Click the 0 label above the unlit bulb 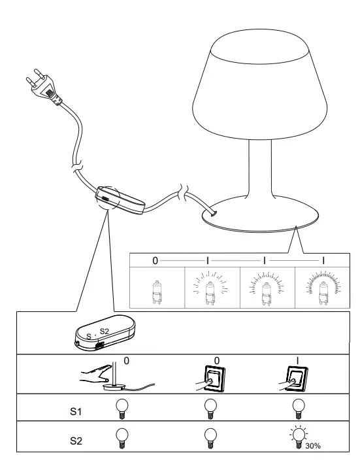[155, 261]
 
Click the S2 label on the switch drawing [104, 331]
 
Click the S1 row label [77, 412]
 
